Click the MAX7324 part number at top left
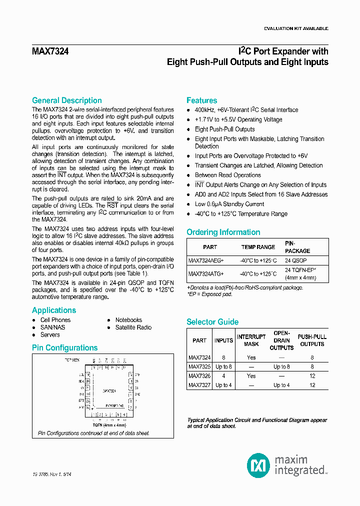50,51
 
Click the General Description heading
66,100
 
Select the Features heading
201,100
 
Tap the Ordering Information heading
223,232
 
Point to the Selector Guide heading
212,322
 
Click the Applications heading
53,310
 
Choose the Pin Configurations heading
64,348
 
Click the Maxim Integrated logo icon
258,465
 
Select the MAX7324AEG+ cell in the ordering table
206,260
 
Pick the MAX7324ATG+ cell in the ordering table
206,274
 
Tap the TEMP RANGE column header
258,247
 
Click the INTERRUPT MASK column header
251,340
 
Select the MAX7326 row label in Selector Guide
199,375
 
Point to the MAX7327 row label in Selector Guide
199,385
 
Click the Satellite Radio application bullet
133,327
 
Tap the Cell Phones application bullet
55,320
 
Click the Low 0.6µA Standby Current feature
229,204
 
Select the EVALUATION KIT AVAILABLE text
296,28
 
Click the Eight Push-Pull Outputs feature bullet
224,129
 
